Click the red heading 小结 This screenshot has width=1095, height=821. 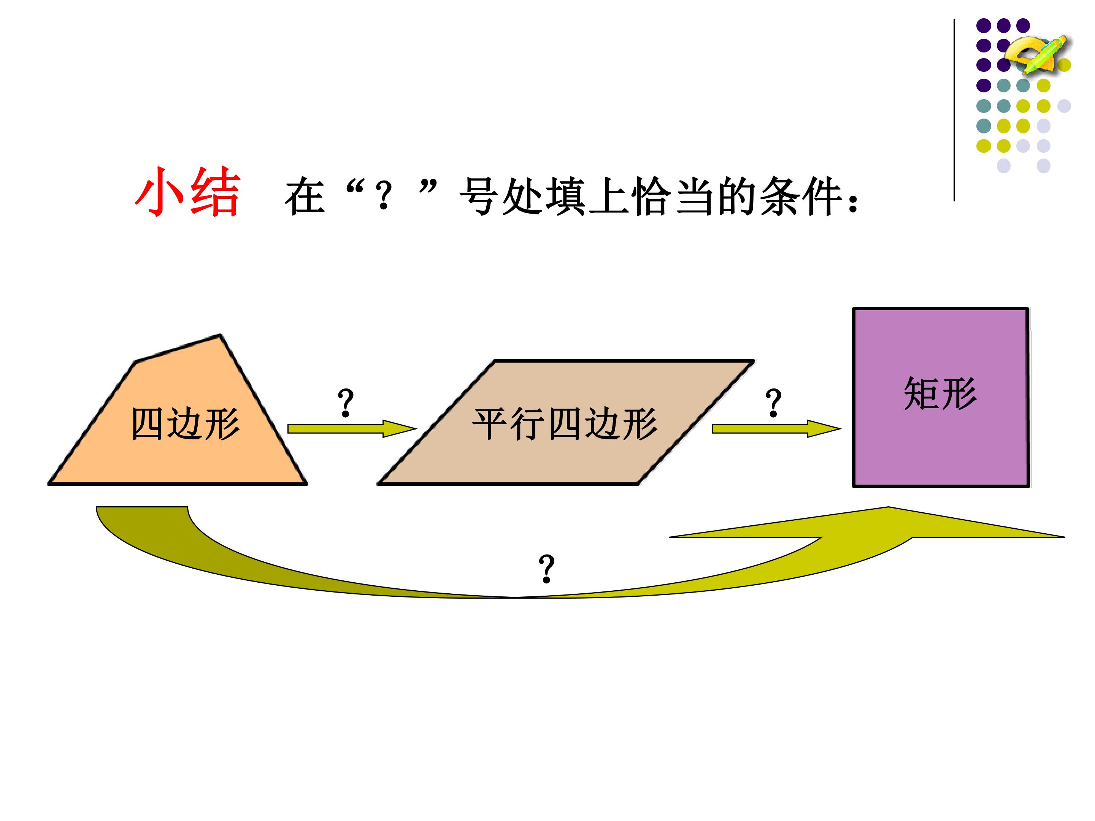click(x=188, y=192)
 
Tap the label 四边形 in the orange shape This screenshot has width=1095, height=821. click(x=185, y=424)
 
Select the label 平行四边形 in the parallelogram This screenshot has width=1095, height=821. click(x=565, y=424)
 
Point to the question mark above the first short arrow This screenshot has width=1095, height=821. click(x=346, y=403)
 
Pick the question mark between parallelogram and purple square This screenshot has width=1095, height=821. click(x=773, y=403)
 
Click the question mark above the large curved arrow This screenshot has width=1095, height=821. click(x=546, y=569)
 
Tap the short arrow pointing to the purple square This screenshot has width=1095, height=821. click(x=776, y=429)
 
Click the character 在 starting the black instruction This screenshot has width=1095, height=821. click(x=305, y=197)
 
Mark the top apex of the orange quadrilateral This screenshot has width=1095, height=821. click(x=220, y=335)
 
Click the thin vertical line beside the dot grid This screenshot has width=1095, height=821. click(x=954, y=110)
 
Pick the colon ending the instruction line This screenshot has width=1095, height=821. click(x=852, y=203)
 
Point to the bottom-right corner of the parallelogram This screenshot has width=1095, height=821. click(x=638, y=483)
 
